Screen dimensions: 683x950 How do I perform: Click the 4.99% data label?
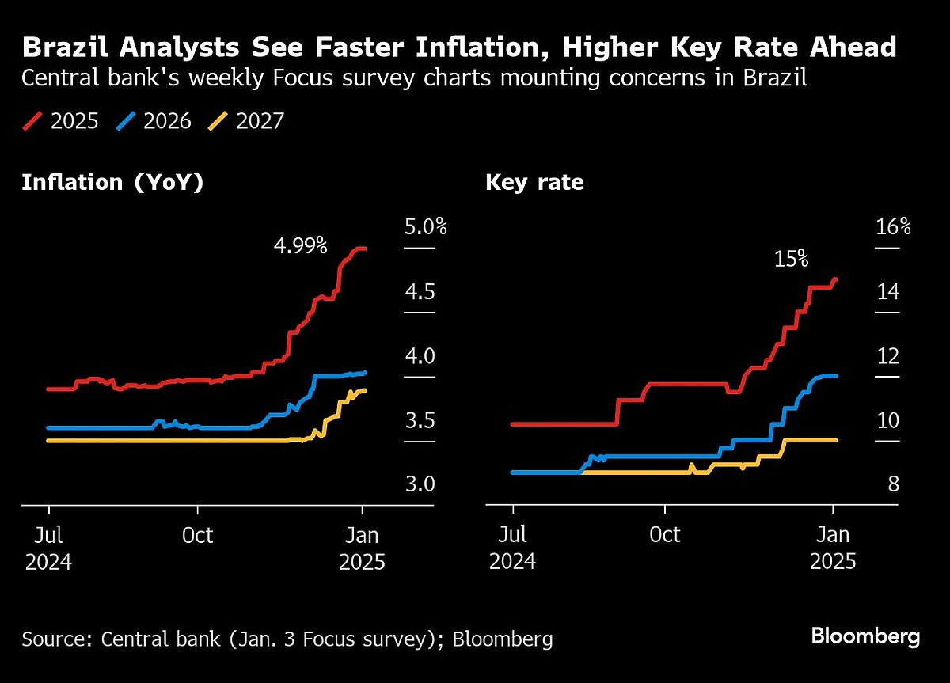click(300, 245)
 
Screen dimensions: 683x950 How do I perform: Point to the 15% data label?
click(791, 258)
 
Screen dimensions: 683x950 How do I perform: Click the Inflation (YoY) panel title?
click(112, 183)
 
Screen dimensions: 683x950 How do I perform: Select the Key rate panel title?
click(534, 183)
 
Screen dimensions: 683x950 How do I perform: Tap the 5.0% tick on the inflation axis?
click(426, 228)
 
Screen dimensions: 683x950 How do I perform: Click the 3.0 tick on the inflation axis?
click(420, 484)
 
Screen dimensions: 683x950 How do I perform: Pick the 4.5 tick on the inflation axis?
click(420, 292)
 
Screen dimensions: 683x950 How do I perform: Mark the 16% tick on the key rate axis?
click(893, 228)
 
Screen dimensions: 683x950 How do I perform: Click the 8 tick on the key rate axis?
click(893, 484)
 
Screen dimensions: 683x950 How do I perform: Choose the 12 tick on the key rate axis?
click(888, 356)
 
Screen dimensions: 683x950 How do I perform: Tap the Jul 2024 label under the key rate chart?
click(512, 548)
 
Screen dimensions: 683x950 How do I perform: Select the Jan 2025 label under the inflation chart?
click(362, 548)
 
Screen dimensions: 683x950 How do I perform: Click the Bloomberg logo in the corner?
click(865, 636)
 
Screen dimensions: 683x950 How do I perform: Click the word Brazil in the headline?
click(66, 47)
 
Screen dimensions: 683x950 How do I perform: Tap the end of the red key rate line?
click(837, 279)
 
